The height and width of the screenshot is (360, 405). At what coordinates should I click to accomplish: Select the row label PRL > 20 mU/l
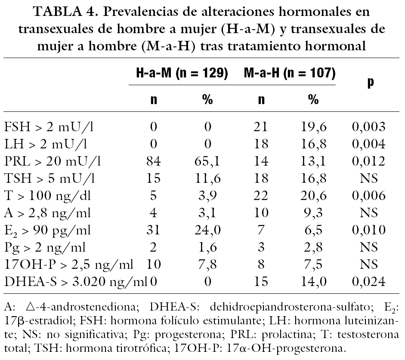point(53,162)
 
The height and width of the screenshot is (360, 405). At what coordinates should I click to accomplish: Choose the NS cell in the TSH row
point(368,179)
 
